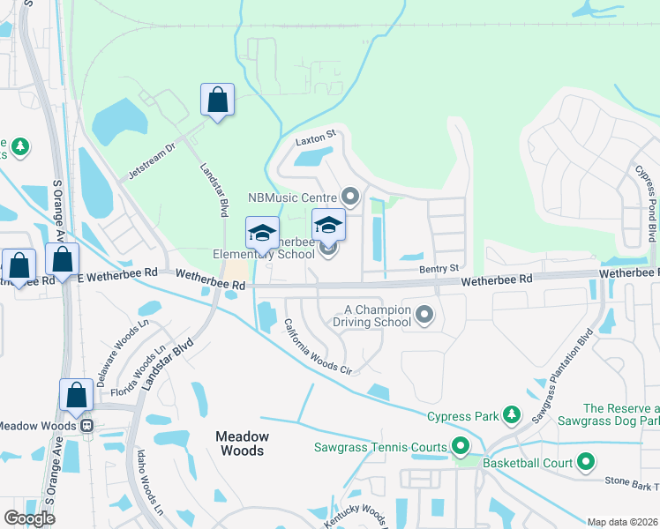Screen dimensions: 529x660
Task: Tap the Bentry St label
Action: coord(440,267)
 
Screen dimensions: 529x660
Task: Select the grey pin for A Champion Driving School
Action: coord(424,314)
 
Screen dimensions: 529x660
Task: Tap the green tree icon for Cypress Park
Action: coord(511,415)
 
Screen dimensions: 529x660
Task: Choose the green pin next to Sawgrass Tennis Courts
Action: coord(459,447)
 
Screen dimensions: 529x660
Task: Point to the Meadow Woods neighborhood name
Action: coord(241,443)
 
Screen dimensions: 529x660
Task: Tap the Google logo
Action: coord(29,518)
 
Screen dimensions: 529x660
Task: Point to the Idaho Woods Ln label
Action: coord(148,482)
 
